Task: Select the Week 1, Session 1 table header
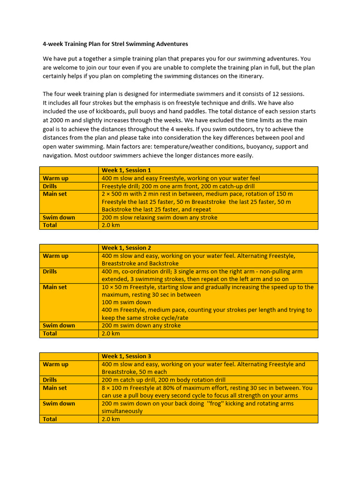click(126, 170)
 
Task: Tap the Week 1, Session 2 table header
click(126, 248)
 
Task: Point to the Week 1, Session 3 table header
click(126, 356)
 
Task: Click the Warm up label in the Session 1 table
click(55, 178)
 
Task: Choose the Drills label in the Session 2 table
click(50, 271)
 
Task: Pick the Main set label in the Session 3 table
click(54, 388)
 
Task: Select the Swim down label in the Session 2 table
click(59, 325)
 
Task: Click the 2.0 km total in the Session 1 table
click(111, 225)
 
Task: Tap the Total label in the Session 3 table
click(50, 419)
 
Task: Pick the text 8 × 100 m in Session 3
click(117, 388)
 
